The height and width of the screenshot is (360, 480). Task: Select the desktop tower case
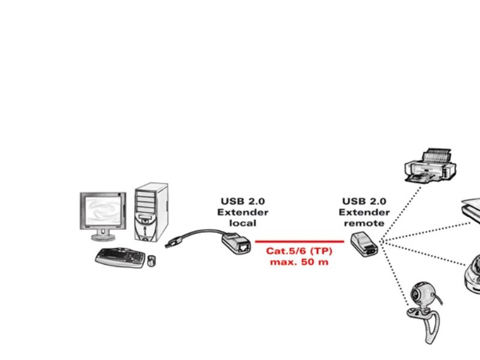click(x=151, y=212)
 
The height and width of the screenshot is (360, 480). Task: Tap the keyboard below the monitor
click(x=121, y=257)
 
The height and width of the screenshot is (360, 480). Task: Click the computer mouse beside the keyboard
click(x=151, y=260)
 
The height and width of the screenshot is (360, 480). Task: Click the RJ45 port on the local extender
click(x=244, y=247)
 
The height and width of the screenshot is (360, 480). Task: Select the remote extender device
click(x=364, y=244)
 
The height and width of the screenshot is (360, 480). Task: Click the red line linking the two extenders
click(x=299, y=242)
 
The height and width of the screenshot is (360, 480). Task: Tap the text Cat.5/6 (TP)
click(x=299, y=251)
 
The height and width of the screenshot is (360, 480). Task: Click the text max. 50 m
click(x=299, y=262)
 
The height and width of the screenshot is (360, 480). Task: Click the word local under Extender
click(x=243, y=223)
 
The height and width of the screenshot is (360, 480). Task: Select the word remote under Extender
click(x=364, y=223)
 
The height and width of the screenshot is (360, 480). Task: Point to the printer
click(x=430, y=166)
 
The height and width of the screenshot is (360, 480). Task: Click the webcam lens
click(x=415, y=295)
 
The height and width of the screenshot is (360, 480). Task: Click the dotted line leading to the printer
click(x=400, y=214)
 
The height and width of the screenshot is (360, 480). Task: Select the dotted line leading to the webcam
click(x=394, y=274)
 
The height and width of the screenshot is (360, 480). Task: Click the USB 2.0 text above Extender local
click(x=243, y=202)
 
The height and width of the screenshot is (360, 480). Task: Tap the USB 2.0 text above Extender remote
click(x=364, y=202)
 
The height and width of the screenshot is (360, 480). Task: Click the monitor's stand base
click(x=103, y=236)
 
